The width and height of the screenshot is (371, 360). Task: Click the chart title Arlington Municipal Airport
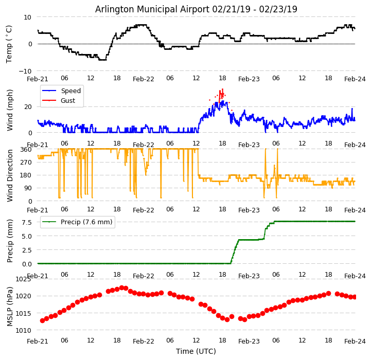[x=196, y=9]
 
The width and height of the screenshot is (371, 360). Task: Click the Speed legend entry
[x=70, y=91]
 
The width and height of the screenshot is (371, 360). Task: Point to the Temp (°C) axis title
[x=9, y=44]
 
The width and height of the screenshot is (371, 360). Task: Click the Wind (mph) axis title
[x=10, y=110]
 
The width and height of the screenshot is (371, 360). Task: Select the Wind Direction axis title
[x=10, y=175]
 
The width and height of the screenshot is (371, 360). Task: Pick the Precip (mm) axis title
[x=10, y=241]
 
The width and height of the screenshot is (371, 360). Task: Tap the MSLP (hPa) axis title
[x=10, y=307]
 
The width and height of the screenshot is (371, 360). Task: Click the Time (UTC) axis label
[x=196, y=351]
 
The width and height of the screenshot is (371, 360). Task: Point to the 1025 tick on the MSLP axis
[x=23, y=279]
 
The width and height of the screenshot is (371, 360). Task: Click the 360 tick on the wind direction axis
[x=26, y=149]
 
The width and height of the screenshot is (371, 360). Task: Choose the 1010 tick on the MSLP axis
[x=23, y=330]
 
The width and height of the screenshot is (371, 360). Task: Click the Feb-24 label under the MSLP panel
[x=355, y=341]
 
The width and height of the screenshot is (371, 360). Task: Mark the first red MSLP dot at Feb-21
[x=42, y=320]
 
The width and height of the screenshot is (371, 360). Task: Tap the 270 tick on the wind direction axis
[x=26, y=162]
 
